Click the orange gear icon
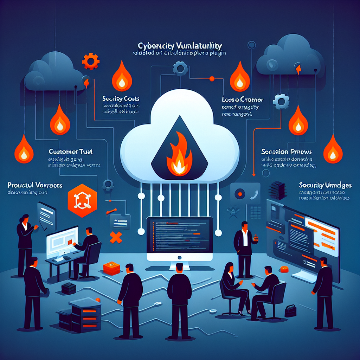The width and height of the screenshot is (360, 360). tap(90, 61)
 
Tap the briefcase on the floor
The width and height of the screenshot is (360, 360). tap(290, 311)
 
